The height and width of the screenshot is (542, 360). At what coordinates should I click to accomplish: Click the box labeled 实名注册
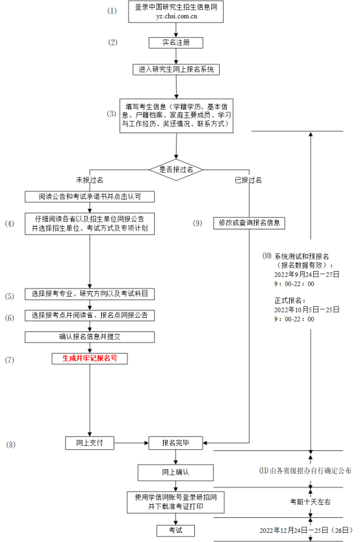pyautogui.click(x=175, y=43)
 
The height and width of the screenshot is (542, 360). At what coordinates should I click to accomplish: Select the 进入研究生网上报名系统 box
pyautogui.click(x=175, y=69)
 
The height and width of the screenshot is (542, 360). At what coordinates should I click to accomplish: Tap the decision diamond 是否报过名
pyautogui.click(x=176, y=169)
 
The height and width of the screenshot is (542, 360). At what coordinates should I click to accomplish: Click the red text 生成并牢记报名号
pyautogui.click(x=90, y=358)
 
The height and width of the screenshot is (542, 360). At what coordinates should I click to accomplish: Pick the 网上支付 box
pyautogui.click(x=90, y=443)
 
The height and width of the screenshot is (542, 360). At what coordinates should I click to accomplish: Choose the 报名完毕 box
pyautogui.click(x=176, y=443)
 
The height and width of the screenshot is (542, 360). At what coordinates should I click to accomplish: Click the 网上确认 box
pyautogui.click(x=175, y=471)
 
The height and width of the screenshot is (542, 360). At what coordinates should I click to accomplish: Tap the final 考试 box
pyautogui.click(x=175, y=530)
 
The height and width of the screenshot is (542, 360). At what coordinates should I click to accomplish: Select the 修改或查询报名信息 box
pyautogui.click(x=249, y=223)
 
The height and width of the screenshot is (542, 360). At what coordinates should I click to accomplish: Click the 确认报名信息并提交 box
pyautogui.click(x=90, y=337)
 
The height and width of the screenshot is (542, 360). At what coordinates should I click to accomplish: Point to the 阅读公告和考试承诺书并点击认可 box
pyautogui.click(x=90, y=196)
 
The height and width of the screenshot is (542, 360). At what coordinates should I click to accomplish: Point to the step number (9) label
pyautogui.click(x=198, y=223)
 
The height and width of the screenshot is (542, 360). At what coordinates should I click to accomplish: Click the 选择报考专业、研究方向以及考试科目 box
pyautogui.click(x=90, y=294)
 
